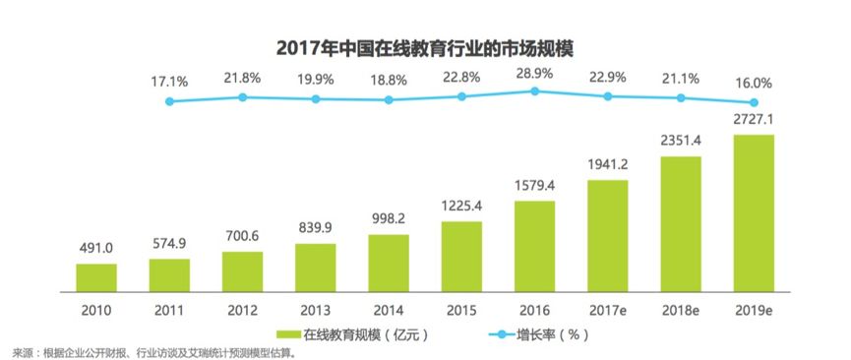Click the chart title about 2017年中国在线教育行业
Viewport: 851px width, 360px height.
(425, 47)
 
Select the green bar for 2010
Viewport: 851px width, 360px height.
(96, 277)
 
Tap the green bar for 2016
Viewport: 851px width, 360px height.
(535, 246)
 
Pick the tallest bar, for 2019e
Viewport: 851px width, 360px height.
(755, 212)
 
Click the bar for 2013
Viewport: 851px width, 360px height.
(316, 269)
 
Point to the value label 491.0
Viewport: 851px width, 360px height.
(96, 249)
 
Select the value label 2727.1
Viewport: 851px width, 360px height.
(755, 120)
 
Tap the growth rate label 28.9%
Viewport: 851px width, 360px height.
(535, 74)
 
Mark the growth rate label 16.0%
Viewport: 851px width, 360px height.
(755, 83)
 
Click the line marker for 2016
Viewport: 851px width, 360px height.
(535, 91)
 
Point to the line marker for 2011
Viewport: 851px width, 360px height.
(169, 101)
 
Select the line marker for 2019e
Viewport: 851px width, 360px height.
(755, 102)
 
